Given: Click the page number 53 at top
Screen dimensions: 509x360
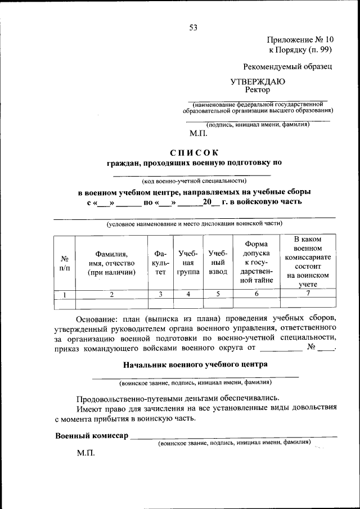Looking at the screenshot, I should point(193,26).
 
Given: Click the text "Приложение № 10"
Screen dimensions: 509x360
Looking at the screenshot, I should point(300,40).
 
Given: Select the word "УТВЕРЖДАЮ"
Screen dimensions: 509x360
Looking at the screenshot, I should point(258,81).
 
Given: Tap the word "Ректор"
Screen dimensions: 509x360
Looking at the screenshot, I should point(258,89).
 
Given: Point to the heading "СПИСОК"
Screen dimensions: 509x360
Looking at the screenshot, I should point(193,152).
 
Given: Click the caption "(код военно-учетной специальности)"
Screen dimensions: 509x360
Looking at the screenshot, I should point(194,181).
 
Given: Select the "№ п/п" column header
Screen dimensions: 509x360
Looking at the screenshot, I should point(64,263).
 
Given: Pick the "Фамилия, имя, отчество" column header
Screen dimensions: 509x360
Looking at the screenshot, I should point(111,263).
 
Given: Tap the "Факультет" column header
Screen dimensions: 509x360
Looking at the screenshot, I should point(160,263).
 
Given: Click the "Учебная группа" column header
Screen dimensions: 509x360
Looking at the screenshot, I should point(188,263).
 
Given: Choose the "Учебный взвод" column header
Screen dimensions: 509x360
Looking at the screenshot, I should point(217,263).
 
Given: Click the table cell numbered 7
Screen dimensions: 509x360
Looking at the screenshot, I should point(308,294).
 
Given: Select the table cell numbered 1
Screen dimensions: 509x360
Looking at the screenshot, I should point(64,294).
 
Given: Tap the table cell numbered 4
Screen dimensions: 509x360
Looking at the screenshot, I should point(188,294).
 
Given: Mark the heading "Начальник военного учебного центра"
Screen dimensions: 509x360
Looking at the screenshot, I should point(195,364).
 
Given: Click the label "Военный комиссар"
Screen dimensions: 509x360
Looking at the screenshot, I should point(91,436).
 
